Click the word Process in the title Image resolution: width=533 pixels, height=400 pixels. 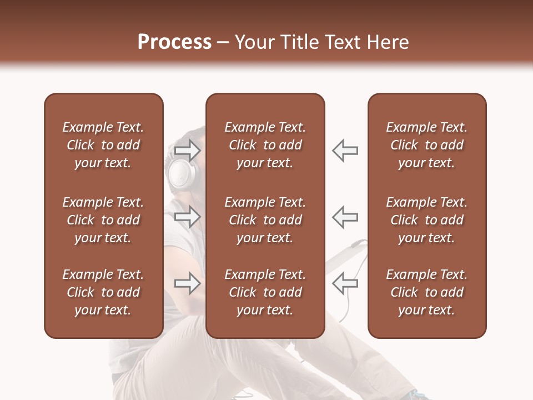click(x=174, y=42)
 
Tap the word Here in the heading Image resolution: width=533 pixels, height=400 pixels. click(x=387, y=42)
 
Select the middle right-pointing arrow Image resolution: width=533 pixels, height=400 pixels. click(x=187, y=217)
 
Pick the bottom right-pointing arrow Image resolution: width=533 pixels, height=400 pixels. click(x=187, y=283)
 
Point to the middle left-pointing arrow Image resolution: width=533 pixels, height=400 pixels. click(x=345, y=217)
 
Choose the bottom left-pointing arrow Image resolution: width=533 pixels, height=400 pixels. click(x=345, y=283)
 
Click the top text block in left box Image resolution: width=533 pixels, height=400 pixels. click(x=103, y=145)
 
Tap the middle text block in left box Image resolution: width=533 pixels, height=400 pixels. click(x=103, y=220)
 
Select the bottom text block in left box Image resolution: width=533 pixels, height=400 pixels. click(x=103, y=292)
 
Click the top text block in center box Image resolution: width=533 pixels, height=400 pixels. click(x=265, y=145)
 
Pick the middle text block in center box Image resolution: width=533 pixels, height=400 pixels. click(x=265, y=220)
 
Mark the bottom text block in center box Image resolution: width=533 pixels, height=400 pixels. click(x=265, y=292)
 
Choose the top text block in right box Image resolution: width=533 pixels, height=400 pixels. click(x=427, y=145)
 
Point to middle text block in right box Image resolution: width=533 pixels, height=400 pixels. click(x=427, y=220)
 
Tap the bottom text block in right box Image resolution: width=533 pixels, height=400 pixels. click(x=427, y=292)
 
